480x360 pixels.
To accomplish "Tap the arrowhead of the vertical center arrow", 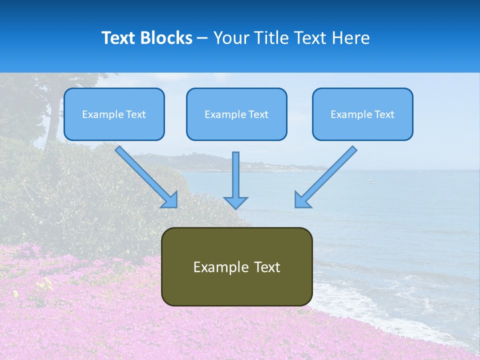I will [235, 202].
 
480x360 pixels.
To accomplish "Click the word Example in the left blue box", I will [103, 114].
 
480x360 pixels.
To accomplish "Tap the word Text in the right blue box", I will [384, 114].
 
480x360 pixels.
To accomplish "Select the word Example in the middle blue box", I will [225, 114].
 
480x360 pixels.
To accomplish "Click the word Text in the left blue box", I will [135, 114].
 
